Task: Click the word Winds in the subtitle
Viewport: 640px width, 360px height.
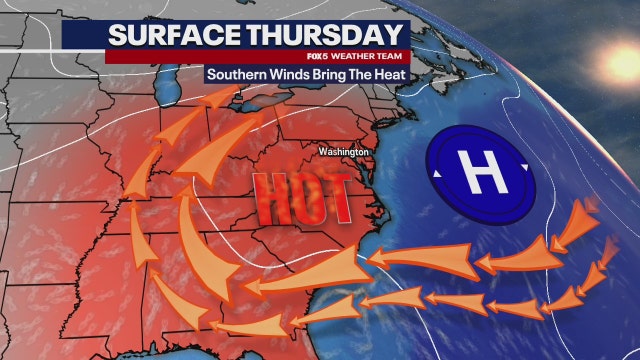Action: (x=297, y=76)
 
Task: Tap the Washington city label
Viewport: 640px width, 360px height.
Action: (x=344, y=152)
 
